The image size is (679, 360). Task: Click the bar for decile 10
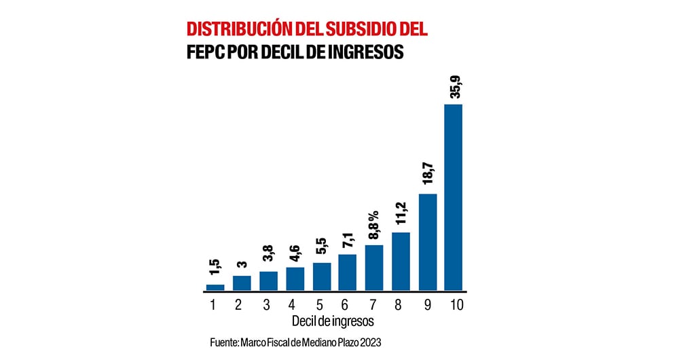(453, 197)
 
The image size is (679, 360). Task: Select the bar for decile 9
(427, 242)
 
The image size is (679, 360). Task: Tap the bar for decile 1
(215, 287)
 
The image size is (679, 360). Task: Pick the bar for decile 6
(347, 272)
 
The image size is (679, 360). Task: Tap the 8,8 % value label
(374, 222)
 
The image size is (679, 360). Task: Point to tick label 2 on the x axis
(238, 305)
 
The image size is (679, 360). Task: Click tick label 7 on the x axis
(374, 305)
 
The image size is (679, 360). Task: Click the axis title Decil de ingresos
(333, 320)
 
